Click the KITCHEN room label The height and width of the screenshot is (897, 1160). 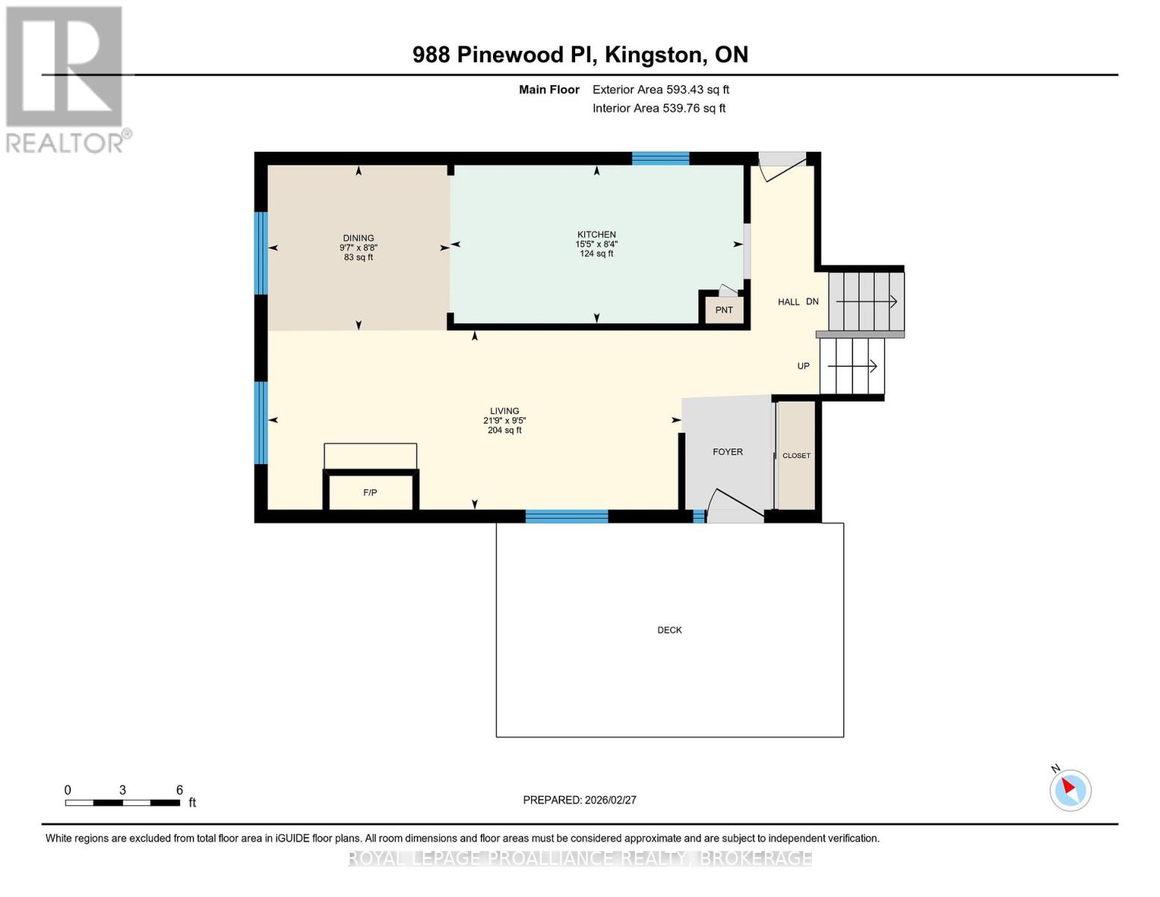tap(596, 235)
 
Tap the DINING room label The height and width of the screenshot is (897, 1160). tap(359, 238)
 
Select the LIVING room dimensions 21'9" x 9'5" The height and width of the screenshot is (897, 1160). tap(504, 421)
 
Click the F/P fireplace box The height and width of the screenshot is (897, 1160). tap(370, 492)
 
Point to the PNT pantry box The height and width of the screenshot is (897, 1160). tap(724, 309)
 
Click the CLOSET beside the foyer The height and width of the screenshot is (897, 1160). tap(796, 455)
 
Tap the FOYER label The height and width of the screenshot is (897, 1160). tap(728, 451)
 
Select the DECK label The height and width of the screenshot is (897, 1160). tap(669, 630)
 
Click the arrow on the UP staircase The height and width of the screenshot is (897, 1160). tap(852, 366)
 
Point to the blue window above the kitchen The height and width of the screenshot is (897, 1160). tap(660, 158)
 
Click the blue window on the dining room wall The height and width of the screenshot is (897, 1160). tap(261, 253)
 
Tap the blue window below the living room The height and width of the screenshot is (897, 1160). tap(566, 516)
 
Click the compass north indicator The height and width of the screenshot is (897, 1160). tap(1070, 789)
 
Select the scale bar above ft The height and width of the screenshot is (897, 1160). tap(122, 803)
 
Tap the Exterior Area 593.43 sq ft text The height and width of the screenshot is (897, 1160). tap(660, 90)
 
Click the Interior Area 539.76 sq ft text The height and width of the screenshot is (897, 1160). tap(659, 108)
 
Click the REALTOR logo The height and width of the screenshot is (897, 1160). tap(66, 78)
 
